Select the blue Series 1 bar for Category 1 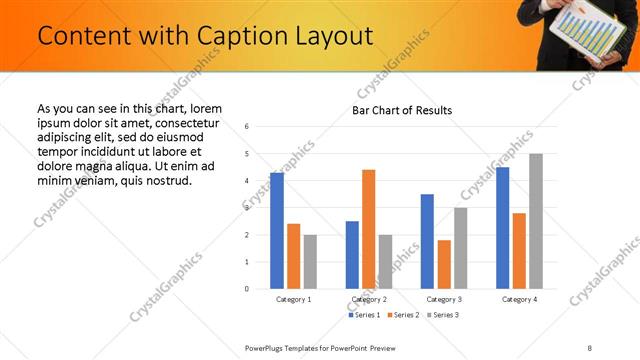click(277, 230)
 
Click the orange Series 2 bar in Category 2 click(368, 229)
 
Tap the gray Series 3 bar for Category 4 click(536, 221)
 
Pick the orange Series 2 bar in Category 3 click(444, 264)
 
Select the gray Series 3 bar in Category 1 click(310, 262)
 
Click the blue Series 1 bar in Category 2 click(352, 255)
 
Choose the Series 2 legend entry click(402, 315)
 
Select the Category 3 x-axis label click(444, 299)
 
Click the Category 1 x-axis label click(294, 299)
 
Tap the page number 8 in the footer click(589, 347)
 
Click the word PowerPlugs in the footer click(266, 347)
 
